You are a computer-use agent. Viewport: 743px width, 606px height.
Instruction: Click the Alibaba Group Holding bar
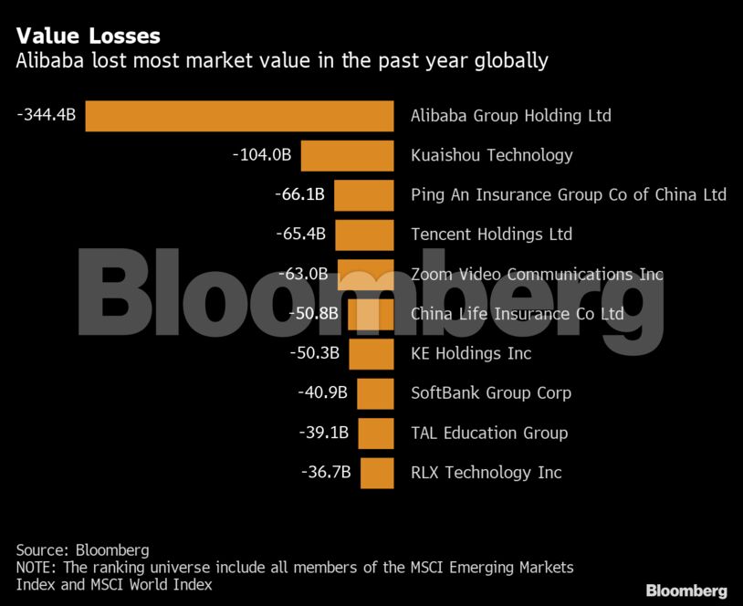pyautogui.click(x=239, y=116)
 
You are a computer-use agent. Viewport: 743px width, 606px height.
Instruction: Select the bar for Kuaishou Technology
pyautogui.click(x=347, y=155)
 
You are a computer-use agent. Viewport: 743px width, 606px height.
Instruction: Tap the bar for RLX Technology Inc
pyautogui.click(x=377, y=473)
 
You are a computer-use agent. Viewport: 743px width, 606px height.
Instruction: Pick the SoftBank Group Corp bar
pyautogui.click(x=375, y=393)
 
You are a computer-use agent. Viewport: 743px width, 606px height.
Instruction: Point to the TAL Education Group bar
pyautogui.click(x=376, y=434)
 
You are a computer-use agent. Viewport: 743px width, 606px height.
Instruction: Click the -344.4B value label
pyautogui.click(x=46, y=115)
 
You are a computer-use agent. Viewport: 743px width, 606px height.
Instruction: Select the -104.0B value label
pyautogui.click(x=262, y=155)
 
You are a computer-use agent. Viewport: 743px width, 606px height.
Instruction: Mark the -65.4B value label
pyautogui.click(x=300, y=235)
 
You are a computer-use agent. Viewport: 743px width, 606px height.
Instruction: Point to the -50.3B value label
pyautogui.click(x=314, y=353)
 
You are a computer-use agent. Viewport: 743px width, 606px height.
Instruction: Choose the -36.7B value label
pyautogui.click(x=326, y=473)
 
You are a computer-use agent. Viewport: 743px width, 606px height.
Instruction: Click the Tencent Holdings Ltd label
pyautogui.click(x=491, y=235)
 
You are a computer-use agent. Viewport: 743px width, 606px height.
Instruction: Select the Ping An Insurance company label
pyautogui.click(x=568, y=194)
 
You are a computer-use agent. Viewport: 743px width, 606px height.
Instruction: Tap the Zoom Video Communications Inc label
pyautogui.click(x=537, y=274)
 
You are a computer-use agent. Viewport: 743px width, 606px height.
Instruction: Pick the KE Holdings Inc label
pyautogui.click(x=471, y=353)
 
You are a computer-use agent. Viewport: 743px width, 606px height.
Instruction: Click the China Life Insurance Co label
pyautogui.click(x=517, y=314)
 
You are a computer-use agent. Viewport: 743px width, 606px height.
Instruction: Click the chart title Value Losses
pyautogui.click(x=88, y=36)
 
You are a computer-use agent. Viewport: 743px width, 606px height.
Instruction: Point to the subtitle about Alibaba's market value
pyautogui.click(x=282, y=61)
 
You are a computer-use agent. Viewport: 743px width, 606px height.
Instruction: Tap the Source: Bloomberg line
pyautogui.click(x=82, y=549)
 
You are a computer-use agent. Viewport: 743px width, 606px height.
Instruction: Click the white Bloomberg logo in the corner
pyautogui.click(x=686, y=590)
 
